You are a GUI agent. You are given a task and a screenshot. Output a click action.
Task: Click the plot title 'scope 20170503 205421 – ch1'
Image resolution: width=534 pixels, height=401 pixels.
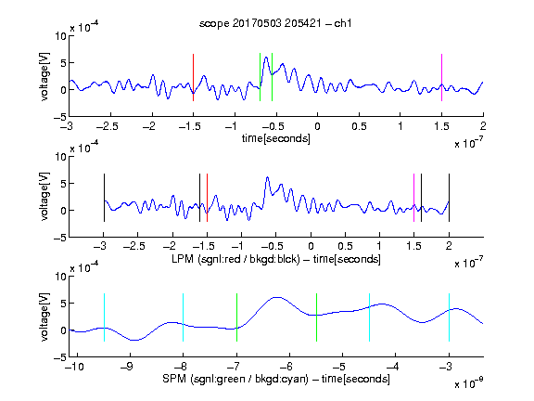coord(275,23)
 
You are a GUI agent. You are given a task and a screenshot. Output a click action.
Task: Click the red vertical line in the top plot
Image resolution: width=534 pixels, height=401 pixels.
coord(193,77)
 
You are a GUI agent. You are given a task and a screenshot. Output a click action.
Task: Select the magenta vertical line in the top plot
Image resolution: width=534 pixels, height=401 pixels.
coord(441,77)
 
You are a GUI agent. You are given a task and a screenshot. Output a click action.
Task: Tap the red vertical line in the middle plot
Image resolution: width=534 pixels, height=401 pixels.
coord(207,198)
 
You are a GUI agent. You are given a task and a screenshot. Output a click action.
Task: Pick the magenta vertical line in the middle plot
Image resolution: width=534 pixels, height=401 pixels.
coord(413,198)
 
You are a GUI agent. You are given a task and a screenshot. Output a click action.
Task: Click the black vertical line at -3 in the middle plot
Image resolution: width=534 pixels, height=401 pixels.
coord(104,198)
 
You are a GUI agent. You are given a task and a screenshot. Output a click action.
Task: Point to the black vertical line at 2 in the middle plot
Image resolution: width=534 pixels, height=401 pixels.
coord(449,198)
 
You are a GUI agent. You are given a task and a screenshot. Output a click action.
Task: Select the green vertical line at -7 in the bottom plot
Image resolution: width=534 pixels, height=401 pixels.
coord(236,317)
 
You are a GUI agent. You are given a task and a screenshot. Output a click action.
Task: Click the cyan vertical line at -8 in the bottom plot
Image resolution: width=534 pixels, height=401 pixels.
coord(184,317)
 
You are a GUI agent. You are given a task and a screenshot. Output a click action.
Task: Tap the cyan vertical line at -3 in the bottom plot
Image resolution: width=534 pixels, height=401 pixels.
coord(449,317)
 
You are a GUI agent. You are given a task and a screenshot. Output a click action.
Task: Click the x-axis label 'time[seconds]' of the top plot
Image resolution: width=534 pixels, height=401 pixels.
coord(276,138)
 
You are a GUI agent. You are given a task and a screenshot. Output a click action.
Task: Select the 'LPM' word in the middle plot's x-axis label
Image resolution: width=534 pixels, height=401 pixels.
coord(183,259)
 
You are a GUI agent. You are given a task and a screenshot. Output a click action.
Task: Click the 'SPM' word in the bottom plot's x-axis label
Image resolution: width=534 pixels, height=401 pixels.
coord(174,379)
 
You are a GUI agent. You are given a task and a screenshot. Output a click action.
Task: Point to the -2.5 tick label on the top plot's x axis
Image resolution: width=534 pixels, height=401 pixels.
coord(108,126)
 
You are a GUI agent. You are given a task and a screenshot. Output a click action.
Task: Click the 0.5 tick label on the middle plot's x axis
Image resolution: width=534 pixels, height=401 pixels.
coord(345,246)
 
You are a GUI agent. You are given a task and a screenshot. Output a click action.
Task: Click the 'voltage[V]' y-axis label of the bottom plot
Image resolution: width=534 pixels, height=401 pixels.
coord(44,317)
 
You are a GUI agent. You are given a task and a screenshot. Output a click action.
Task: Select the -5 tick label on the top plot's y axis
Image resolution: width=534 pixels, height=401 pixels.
coord(60,117)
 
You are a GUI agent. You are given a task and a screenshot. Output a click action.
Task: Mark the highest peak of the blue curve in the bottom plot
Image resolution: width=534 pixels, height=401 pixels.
coord(277,297)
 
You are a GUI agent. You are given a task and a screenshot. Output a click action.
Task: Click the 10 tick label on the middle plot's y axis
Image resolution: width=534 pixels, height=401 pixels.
coord(61,157)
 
